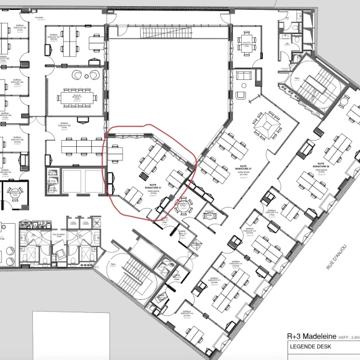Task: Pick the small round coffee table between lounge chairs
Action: [85, 74]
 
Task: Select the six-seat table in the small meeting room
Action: [246, 44]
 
